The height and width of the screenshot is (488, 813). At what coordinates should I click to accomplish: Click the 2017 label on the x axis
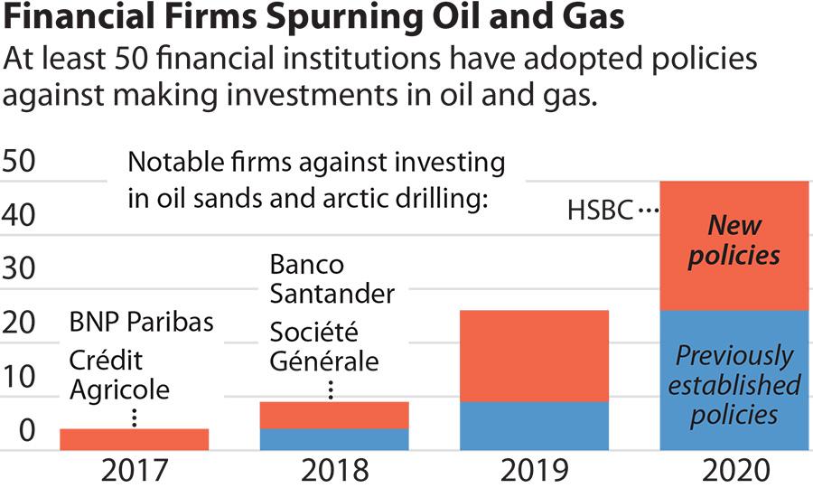pos(135,470)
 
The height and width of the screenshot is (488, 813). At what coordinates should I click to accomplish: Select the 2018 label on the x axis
pos(334,470)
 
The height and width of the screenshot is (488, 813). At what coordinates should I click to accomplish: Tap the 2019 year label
pos(535,470)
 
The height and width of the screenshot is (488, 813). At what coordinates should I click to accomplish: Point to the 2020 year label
pos(734,470)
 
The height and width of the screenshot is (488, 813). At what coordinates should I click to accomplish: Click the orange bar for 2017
pos(135,439)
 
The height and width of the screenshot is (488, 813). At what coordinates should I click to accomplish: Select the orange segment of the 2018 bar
pos(334,415)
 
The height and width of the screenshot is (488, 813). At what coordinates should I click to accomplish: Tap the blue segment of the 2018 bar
pos(334,439)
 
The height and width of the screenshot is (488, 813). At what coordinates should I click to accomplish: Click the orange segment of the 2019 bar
pos(535,355)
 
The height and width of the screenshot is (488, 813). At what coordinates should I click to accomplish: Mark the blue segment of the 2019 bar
pos(535,426)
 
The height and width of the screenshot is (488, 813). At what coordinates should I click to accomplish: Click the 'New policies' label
pos(734,240)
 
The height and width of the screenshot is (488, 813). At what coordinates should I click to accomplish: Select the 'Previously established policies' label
pos(734,385)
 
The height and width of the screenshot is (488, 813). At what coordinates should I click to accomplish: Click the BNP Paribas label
pos(142,323)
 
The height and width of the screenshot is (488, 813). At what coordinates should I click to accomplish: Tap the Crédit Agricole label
pos(119,375)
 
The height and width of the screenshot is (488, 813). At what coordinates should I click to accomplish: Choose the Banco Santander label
pos(332,279)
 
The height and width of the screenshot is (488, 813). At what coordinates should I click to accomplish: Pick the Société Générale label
pos(324,347)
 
